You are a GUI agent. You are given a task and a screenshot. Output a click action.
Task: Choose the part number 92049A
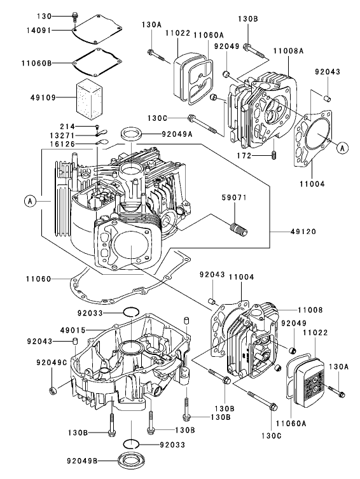point(160,134)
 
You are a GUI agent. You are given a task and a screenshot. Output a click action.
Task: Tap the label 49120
point(290,233)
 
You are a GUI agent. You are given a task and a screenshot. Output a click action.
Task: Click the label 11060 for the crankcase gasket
point(39,278)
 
